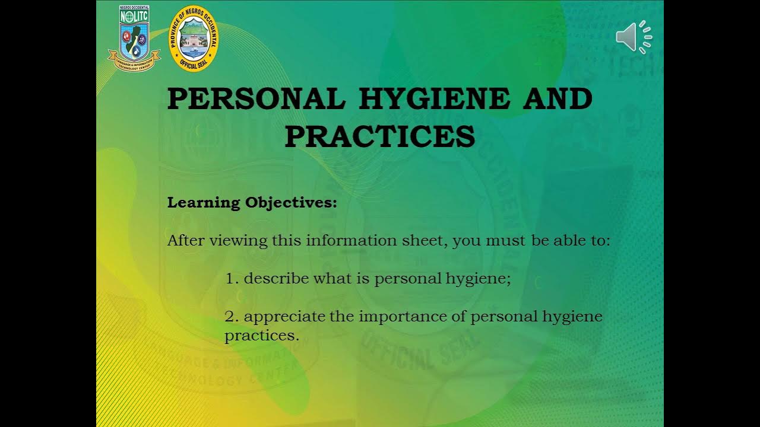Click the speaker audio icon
pos(634,37)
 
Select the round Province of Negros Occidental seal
pos(194,39)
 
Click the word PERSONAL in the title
pos(256,98)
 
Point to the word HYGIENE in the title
pos(434,98)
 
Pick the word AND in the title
pos(557,98)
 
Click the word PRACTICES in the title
pos(380,136)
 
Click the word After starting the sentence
pos(186,241)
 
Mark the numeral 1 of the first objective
pos(229,279)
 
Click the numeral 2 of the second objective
pos(229,317)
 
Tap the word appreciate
pos(285,317)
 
